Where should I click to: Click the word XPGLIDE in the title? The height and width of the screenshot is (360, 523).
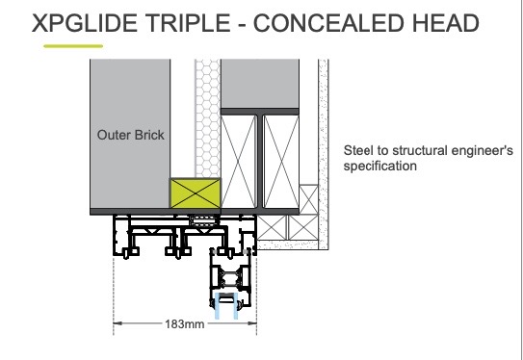pos(85,23)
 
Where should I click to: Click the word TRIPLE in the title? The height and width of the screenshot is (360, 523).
pos(188,23)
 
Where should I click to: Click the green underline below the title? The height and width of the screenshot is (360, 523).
pos(73,46)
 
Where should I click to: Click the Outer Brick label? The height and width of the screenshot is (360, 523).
pos(131,135)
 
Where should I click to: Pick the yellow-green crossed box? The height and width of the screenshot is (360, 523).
pos(196,193)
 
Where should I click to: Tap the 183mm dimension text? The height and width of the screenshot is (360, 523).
pos(185,323)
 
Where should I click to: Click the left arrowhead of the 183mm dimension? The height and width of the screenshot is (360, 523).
pos(118,323)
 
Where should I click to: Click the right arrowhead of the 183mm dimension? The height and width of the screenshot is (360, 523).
pos(252,323)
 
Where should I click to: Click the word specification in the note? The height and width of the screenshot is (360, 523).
pos(380,166)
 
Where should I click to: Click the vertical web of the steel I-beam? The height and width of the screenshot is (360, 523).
pos(260,162)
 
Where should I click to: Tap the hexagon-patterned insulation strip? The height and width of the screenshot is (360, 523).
pos(207,118)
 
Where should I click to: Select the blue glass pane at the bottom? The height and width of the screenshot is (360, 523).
pos(226,306)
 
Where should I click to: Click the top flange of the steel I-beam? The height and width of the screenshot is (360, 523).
pos(260,112)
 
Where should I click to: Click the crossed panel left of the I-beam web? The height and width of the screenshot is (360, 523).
pos(239,162)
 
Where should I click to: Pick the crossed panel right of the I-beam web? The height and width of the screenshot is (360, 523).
pos(281,162)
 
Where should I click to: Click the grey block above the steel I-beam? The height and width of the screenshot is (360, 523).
pos(260,84)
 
